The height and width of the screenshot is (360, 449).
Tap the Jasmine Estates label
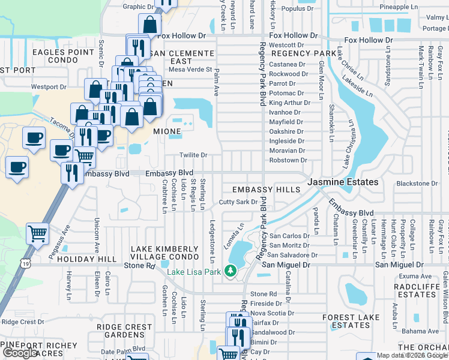click(x=343, y=182)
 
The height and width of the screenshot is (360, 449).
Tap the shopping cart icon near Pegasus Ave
click(x=37, y=232)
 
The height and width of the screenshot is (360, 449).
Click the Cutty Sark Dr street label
click(x=238, y=202)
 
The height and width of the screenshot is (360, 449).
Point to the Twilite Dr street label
click(x=193, y=155)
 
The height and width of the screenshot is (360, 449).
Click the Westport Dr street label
click(x=49, y=87)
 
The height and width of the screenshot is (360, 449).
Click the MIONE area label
click(x=167, y=131)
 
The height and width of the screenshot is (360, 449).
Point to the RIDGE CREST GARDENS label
click(x=124, y=331)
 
